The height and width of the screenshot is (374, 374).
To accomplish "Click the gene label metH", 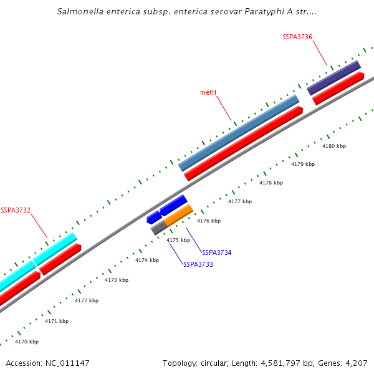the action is pyautogui.click(x=208, y=92).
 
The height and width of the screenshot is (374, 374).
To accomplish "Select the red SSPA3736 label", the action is pyautogui.click(x=297, y=37).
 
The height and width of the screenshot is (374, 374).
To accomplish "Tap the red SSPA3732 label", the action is pyautogui.click(x=16, y=210).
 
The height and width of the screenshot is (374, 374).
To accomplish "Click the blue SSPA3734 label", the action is pyautogui.click(x=217, y=252).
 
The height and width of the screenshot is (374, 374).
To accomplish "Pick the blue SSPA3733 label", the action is pyautogui.click(x=198, y=264).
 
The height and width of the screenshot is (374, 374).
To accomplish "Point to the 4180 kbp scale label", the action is pyautogui.click(x=333, y=146).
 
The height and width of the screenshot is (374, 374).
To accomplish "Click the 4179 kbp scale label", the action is pyautogui.click(x=303, y=164).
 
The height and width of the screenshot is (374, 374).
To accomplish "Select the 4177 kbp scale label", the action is pyautogui.click(x=240, y=201).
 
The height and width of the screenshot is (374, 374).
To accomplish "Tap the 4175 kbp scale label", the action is pyautogui.click(x=178, y=240).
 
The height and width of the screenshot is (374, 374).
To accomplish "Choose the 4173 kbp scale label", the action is pyautogui.click(x=117, y=280).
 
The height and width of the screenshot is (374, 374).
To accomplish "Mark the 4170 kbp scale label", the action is pyautogui.click(x=27, y=342).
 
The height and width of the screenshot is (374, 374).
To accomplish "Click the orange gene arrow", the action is pyautogui.click(x=179, y=214).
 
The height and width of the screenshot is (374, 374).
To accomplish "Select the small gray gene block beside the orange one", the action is pyautogui.click(x=158, y=228).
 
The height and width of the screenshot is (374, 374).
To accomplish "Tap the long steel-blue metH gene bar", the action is pyautogui.click(x=239, y=133).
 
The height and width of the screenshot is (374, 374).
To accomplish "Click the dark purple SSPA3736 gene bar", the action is pyautogui.click(x=333, y=77).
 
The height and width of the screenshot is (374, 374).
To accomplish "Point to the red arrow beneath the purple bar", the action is pyautogui.click(x=338, y=89).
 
